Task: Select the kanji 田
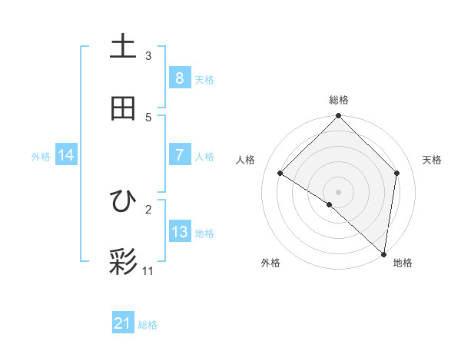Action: coord(123,108)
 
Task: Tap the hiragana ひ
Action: coord(123,201)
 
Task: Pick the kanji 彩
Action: coord(123,262)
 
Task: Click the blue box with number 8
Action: coord(179,78)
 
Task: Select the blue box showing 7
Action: coord(179,155)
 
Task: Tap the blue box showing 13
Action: coord(179,232)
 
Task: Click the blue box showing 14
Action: coord(66,155)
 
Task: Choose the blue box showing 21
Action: coord(123,324)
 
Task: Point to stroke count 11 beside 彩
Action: coord(148,270)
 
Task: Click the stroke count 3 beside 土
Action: coord(148,55)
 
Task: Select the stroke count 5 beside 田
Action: coord(148,117)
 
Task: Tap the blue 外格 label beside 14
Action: coord(41,156)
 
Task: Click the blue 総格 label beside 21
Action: coord(148,325)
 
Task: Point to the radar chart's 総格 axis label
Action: coord(339,100)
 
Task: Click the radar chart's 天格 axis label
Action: coord(433,160)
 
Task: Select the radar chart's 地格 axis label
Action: coord(403,263)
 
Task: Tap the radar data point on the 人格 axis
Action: coord(280,174)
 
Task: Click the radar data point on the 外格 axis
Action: coord(330,204)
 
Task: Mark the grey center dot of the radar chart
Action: coord(339,191)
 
